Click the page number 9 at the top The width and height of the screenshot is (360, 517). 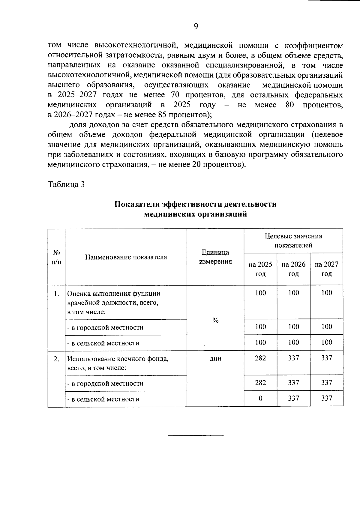[x=196, y=27]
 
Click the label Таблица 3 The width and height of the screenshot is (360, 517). [x=66, y=184]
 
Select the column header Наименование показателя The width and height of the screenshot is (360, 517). [x=126, y=257]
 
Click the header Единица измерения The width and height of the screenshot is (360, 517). [x=215, y=257]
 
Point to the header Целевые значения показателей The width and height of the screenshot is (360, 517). [x=293, y=241]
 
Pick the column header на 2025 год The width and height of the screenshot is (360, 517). [x=260, y=269]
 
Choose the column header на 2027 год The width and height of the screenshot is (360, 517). [x=326, y=269]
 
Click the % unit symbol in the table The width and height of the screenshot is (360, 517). [x=215, y=321]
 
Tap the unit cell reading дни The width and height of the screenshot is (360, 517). [x=215, y=358]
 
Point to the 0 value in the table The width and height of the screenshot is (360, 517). [x=260, y=398]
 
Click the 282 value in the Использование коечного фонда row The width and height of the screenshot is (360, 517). [x=260, y=358]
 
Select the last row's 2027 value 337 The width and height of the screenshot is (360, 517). [x=326, y=398]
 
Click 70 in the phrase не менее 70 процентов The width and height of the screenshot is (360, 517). [x=175, y=95]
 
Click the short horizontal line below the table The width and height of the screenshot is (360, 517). [x=195, y=435]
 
